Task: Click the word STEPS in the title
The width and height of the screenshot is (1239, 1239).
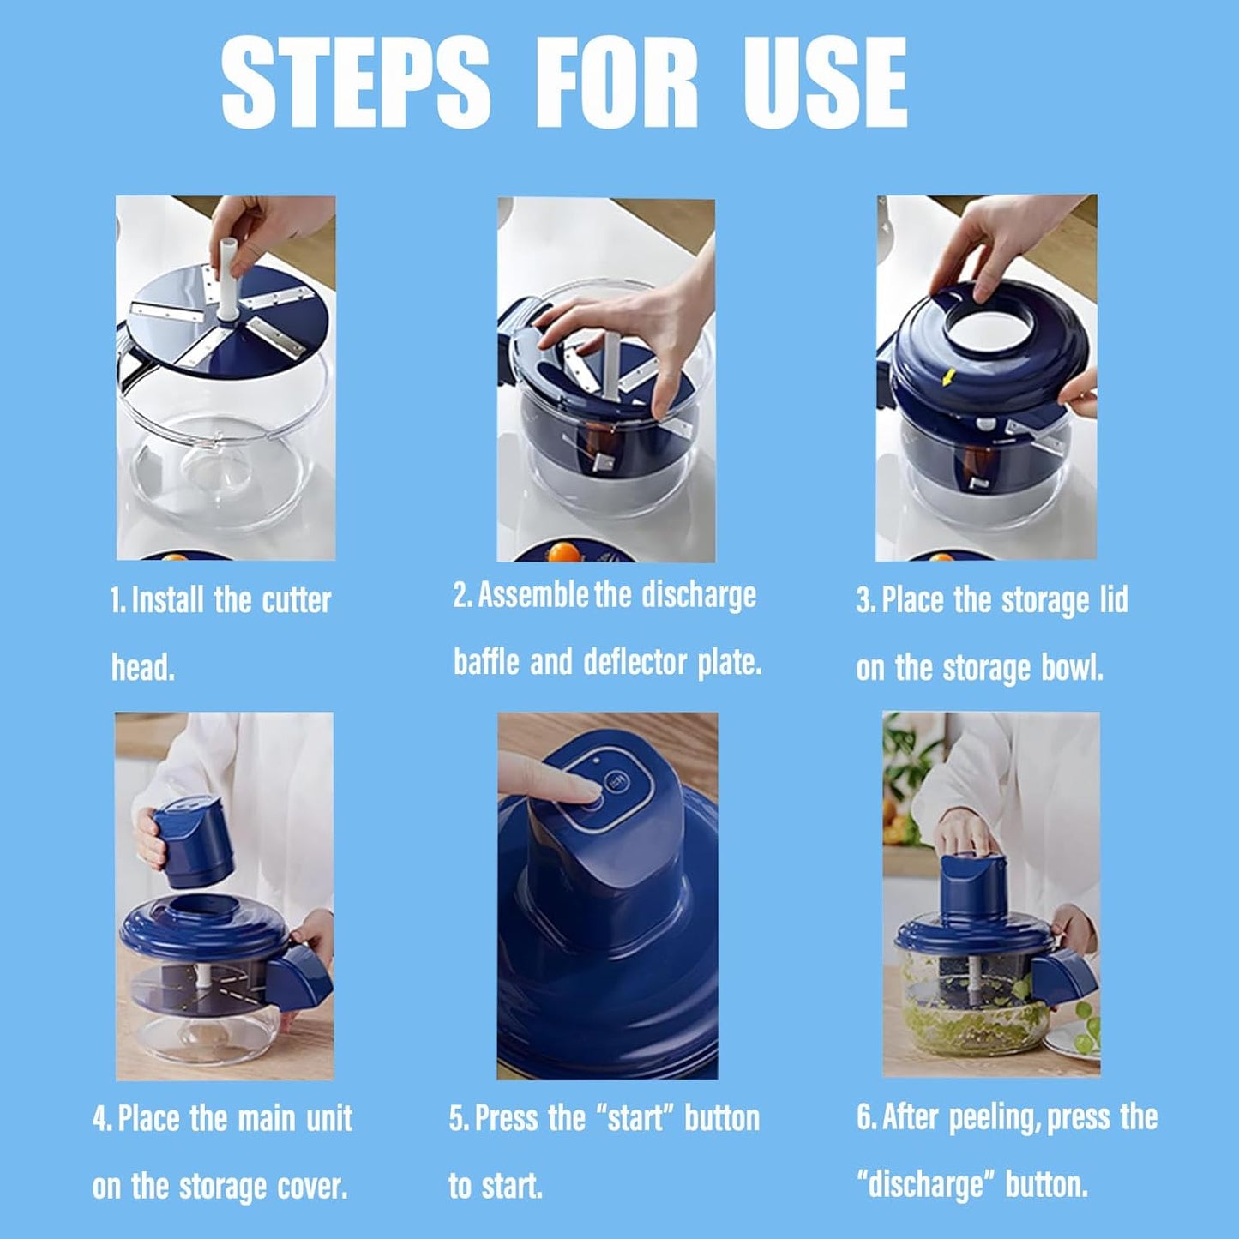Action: (356, 83)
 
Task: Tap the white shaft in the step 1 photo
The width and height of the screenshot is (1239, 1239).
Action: (227, 279)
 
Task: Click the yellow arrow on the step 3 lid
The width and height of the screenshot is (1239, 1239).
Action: (947, 380)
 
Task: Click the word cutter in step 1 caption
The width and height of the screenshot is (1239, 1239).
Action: (297, 600)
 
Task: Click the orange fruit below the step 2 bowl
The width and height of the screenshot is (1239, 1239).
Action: (562, 551)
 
